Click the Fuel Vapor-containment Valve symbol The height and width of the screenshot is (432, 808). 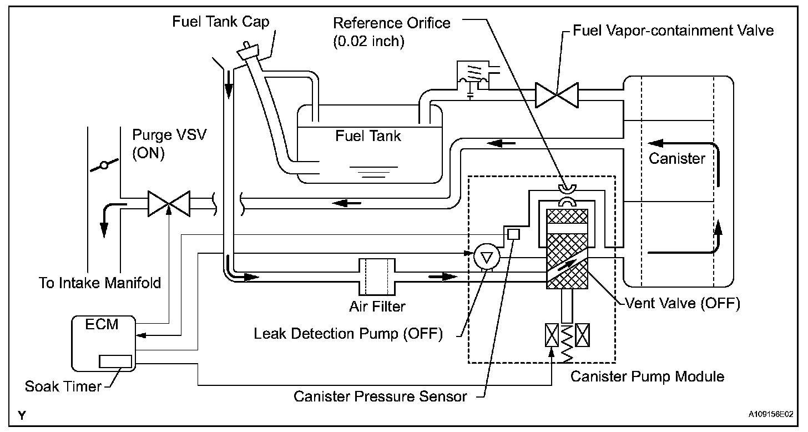click(557, 94)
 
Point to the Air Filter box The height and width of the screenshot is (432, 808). click(377, 277)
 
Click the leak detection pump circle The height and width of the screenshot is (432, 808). click(487, 257)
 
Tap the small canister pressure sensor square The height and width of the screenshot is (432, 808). click(513, 234)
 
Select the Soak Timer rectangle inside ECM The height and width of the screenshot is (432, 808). click(115, 361)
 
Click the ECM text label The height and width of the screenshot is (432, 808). click(103, 324)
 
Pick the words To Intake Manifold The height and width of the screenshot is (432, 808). click(100, 283)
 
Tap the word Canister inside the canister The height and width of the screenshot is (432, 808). click(677, 159)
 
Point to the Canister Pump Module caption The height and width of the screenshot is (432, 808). click(648, 376)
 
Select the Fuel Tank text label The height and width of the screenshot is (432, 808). click(368, 136)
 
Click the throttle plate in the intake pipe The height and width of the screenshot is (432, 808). click(104, 165)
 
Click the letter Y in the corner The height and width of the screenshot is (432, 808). click(21, 414)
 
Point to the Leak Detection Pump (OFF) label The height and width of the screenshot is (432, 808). click(349, 334)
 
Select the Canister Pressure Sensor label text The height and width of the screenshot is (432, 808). click(380, 396)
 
